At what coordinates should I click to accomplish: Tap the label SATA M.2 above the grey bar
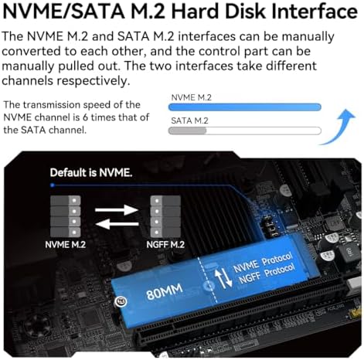click(x=189, y=120)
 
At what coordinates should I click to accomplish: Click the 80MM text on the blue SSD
click(x=165, y=293)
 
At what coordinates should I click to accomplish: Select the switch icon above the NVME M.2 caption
click(x=65, y=213)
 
